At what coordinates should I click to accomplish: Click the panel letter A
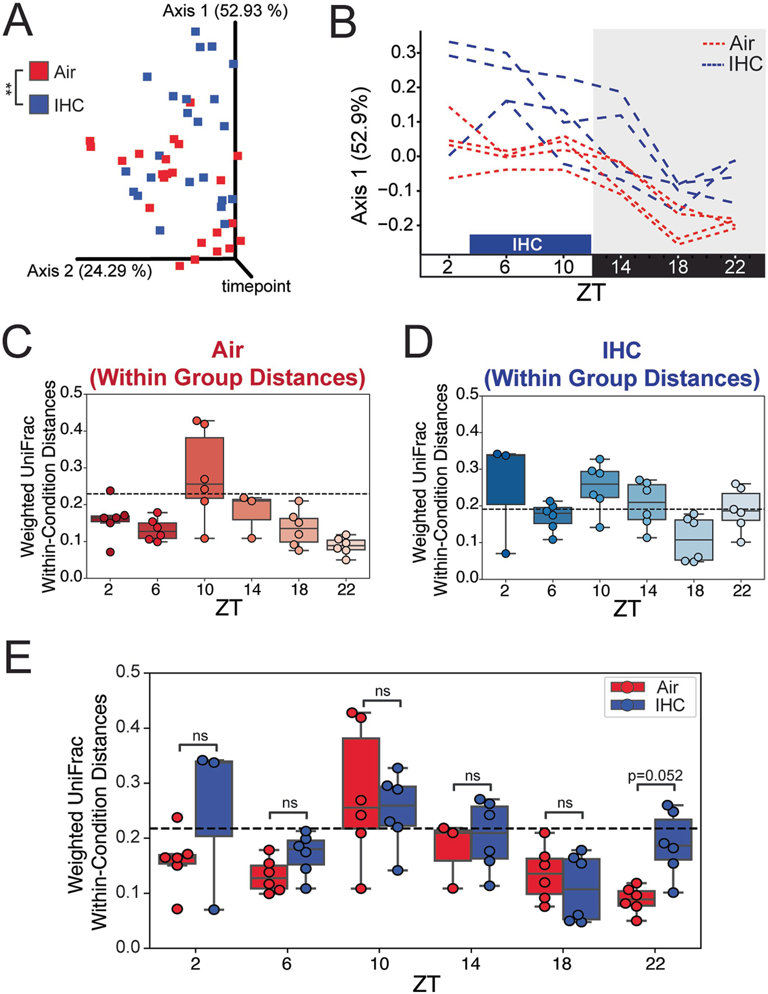pos(18,21)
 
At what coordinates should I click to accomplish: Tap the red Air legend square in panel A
pos(39,71)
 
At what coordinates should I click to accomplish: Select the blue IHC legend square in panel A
pos(39,104)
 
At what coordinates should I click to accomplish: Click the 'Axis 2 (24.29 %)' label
pos(89,270)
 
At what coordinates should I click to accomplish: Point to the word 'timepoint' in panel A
pos(256,286)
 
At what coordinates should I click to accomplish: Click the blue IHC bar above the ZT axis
pos(530,244)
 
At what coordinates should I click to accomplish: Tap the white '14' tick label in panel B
pos(621,267)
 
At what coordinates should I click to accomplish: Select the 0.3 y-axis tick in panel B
pos(403,52)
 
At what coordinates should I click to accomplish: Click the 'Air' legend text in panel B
pos(742,43)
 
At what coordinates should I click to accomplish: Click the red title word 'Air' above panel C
pos(228,350)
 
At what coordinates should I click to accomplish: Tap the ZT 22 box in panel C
pos(346,544)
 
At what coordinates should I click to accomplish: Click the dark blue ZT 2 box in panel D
pos(504,479)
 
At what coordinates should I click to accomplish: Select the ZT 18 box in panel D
pos(695,540)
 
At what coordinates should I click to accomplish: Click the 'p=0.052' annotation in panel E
pos(655,775)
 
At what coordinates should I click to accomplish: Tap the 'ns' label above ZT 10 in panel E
pos(383,691)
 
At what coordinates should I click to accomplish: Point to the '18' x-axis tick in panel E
pos(563,963)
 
